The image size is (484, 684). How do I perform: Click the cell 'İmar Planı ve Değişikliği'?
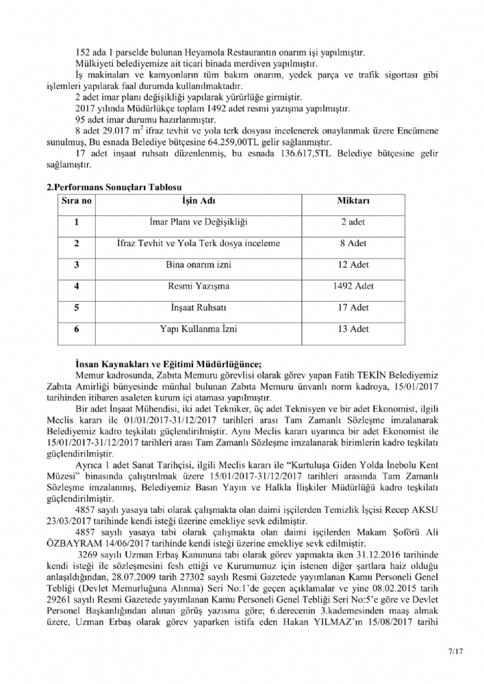pyautogui.click(x=198, y=223)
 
